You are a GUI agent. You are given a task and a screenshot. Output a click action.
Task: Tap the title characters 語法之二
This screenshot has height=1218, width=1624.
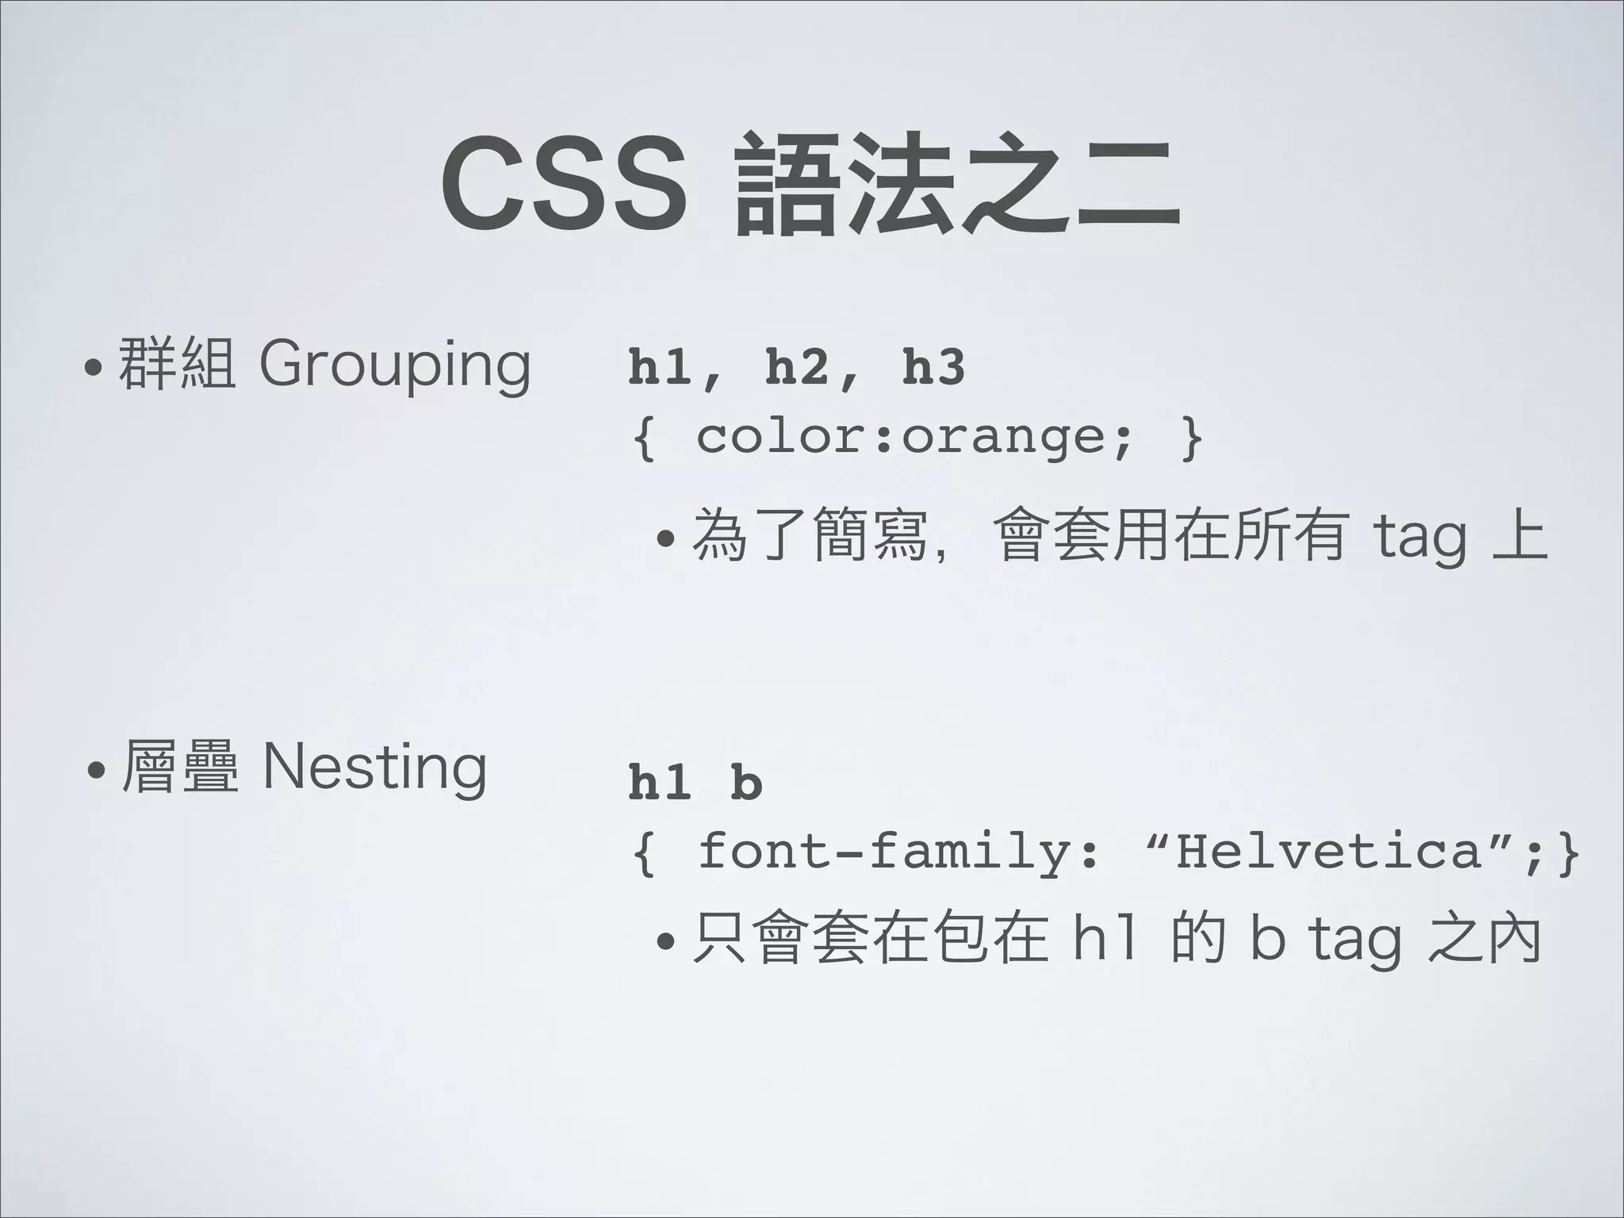(958, 190)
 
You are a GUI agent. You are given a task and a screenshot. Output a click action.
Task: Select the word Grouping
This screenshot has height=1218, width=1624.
(394, 366)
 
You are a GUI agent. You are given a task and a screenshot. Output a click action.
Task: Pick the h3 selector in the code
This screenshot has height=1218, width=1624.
(934, 369)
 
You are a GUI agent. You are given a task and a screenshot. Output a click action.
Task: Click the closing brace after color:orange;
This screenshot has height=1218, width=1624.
(1190, 438)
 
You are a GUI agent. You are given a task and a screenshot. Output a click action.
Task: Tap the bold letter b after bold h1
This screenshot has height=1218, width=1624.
(746, 783)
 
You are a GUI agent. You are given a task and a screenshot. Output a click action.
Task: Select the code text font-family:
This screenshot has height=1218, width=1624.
(900, 852)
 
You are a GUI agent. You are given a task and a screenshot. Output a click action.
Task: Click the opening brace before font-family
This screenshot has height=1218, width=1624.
(645, 854)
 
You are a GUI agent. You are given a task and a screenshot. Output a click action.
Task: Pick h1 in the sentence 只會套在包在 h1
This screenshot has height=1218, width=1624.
(1103, 939)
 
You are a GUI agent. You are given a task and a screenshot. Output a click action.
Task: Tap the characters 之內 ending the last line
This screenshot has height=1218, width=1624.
(1483, 939)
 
